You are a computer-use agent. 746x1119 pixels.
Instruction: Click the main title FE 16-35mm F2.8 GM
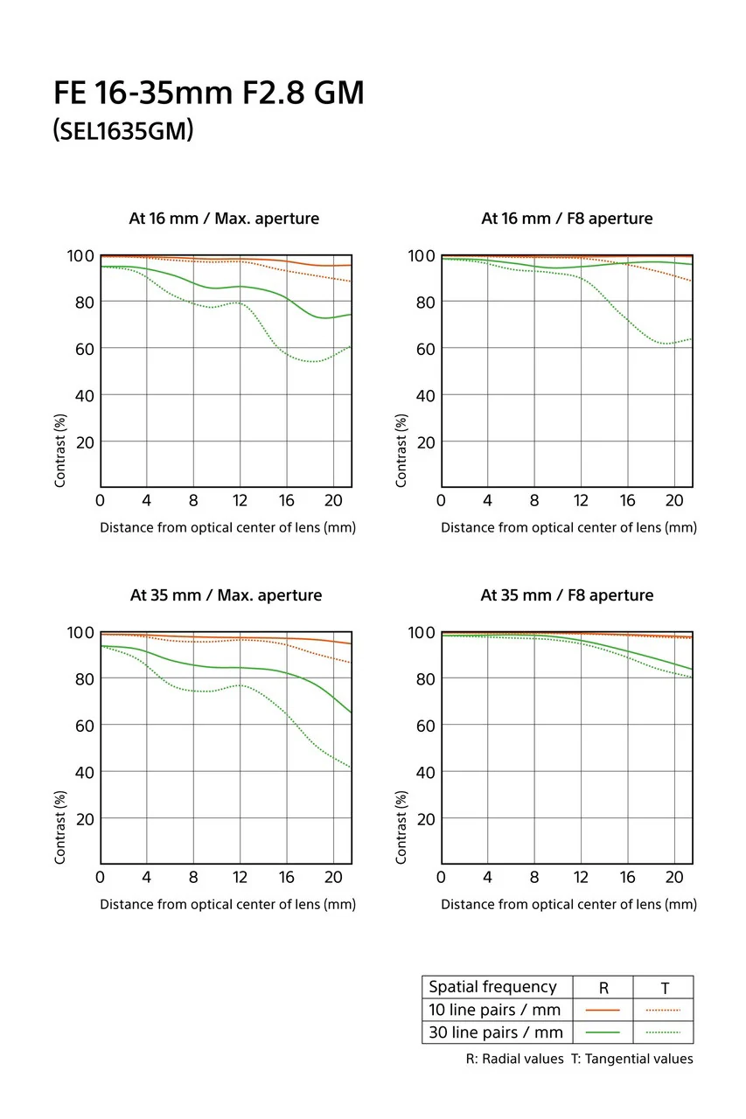pos(208,93)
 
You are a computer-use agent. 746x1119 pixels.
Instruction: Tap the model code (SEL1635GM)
pos(122,132)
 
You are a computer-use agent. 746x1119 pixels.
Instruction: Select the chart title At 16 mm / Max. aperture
pos(224,219)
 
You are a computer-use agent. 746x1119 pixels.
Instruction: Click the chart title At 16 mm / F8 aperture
pos(567,219)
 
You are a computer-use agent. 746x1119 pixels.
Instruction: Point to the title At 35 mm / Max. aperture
pos(226,595)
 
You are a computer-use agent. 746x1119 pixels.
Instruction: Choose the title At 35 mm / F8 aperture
pos(567,595)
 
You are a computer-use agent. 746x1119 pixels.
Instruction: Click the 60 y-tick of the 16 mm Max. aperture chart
pos(81,349)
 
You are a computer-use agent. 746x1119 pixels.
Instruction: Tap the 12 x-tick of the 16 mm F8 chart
pos(581,501)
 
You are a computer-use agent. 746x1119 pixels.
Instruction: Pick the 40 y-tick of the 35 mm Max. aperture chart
pos(81,772)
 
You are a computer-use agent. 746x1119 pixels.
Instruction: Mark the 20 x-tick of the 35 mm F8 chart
pos(673,878)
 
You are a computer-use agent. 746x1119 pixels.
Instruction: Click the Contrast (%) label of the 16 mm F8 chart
pos(401,450)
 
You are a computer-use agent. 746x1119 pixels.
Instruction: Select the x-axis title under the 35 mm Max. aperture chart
pos(227,905)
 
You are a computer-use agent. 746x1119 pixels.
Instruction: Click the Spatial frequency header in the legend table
pos(492,987)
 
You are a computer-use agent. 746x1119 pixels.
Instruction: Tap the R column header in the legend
pos(603,989)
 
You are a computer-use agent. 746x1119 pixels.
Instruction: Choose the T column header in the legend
pos(665,989)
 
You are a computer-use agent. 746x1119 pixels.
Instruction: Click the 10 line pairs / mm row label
pos(494,1010)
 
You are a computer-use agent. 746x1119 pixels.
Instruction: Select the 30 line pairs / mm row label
pos(494,1032)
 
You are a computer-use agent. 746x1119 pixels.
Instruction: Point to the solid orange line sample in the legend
pos(603,1010)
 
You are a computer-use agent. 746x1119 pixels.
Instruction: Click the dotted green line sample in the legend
pos(663,1032)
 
